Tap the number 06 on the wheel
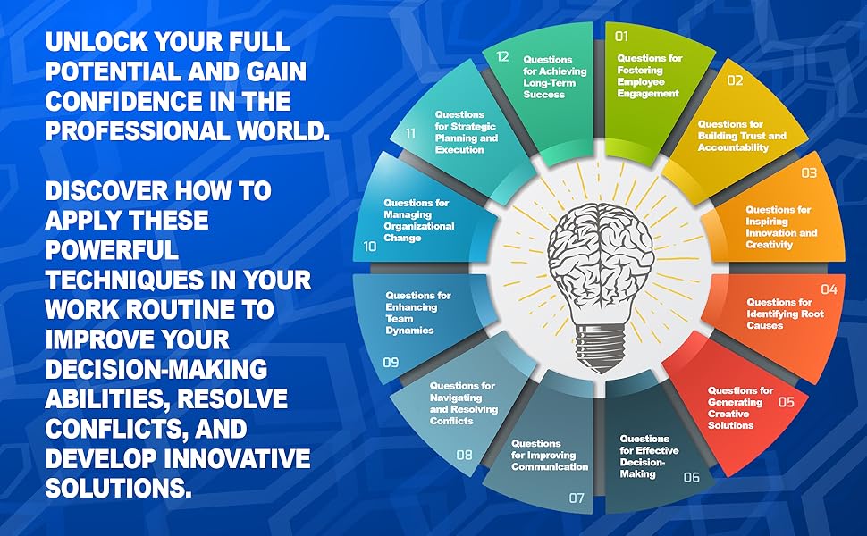[691, 477]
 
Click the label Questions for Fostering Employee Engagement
[649, 76]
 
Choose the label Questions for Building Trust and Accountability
[742, 136]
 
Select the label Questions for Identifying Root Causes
[779, 314]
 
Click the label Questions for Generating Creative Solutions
[740, 407]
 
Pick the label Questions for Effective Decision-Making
[645, 456]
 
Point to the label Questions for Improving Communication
[550, 455]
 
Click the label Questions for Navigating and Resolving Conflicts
[462, 403]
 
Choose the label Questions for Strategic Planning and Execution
[466, 132]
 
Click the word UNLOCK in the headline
[97, 41]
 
